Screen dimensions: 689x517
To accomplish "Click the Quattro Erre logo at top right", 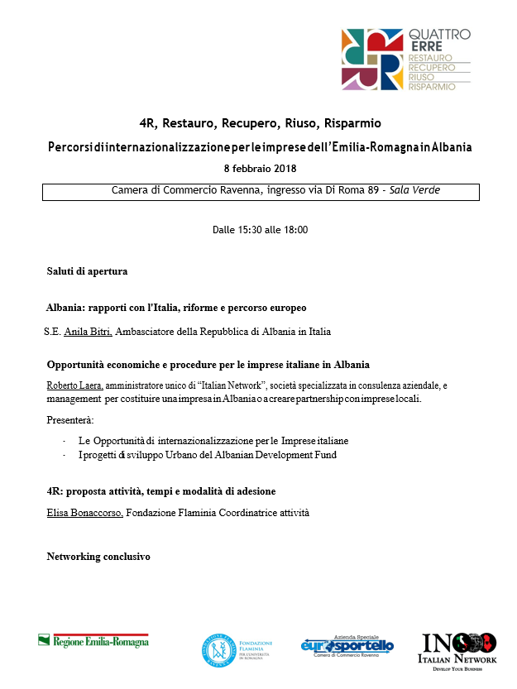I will (x=405, y=59).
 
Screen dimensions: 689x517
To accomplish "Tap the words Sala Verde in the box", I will (x=417, y=190).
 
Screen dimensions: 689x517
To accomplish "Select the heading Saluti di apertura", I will (x=87, y=270).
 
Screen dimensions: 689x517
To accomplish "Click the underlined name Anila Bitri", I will (x=88, y=333).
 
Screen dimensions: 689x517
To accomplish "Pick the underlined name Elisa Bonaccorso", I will (x=85, y=514).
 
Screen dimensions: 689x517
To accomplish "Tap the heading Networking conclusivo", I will (x=98, y=557).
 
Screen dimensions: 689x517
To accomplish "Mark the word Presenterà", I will (x=70, y=420).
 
